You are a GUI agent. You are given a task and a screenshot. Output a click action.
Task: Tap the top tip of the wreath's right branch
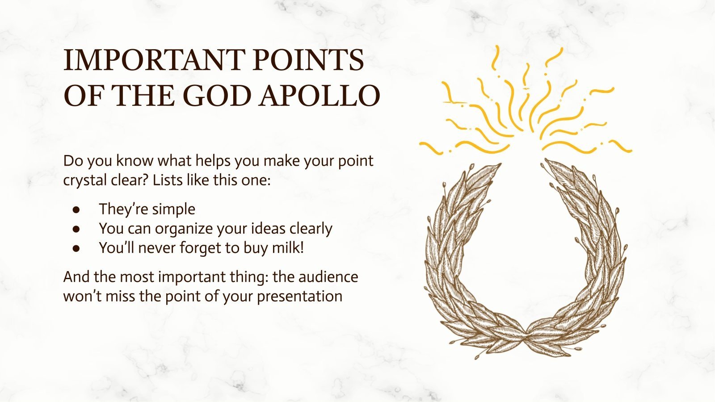click(x=546, y=161)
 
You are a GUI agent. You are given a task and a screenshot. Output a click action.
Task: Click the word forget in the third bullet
click(x=203, y=247)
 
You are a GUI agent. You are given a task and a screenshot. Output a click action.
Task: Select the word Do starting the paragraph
click(x=72, y=161)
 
